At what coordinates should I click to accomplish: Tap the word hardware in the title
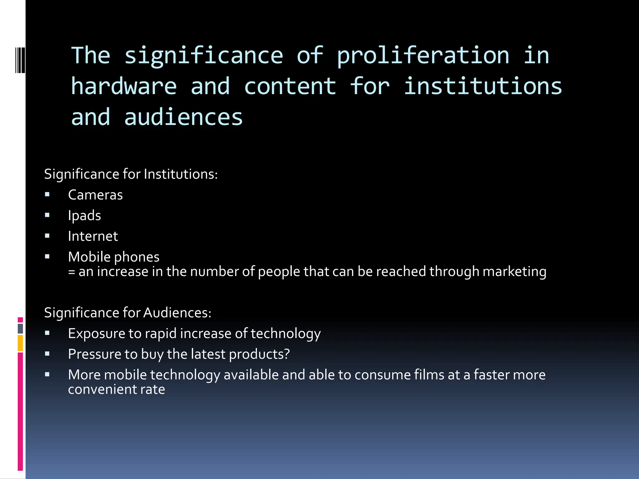[x=124, y=86]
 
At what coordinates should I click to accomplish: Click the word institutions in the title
[x=483, y=86]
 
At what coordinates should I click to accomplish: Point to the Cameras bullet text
[x=95, y=195]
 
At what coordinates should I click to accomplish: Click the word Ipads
[x=84, y=215]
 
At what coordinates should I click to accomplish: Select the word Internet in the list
[x=93, y=236]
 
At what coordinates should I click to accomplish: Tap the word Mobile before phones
[x=89, y=257]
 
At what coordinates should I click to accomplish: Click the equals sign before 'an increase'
[x=71, y=272]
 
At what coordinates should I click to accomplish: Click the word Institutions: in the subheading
[x=181, y=174]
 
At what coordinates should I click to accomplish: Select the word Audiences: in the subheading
[x=177, y=312]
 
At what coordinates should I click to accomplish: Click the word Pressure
[x=94, y=354]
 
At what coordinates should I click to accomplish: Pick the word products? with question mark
[x=259, y=354]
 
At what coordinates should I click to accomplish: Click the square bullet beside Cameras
[x=47, y=195]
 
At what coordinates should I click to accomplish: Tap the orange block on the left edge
[x=20, y=343]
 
